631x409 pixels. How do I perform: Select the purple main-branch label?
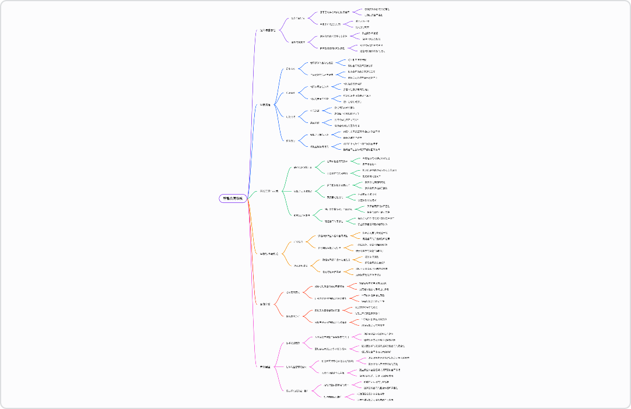click(268, 30)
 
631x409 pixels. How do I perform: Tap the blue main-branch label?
click(265, 105)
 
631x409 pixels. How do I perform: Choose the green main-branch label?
click(269, 191)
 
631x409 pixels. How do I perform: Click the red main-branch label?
click(265, 304)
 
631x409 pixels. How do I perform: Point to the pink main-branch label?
click(265, 367)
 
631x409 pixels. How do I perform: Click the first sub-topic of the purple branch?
click(298, 18)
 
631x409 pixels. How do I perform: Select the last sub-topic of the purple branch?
click(299, 42)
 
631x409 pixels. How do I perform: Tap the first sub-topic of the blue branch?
click(290, 69)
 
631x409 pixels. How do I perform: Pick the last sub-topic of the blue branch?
click(290, 140)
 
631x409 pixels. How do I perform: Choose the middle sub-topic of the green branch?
click(303, 191)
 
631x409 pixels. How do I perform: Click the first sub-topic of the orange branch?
click(298, 241)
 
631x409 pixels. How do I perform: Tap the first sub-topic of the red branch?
click(293, 292)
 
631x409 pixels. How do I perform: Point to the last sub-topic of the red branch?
click(293, 316)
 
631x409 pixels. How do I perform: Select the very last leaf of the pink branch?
click(375, 400)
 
